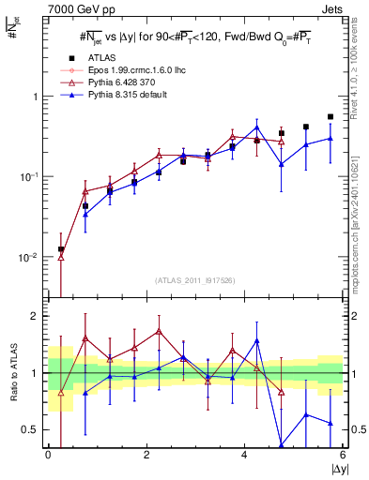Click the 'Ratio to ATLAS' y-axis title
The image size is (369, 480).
tap(12, 373)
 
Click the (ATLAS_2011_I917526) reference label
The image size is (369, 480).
tap(195, 281)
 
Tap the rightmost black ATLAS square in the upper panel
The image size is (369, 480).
tap(331, 117)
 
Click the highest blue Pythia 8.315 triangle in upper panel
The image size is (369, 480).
tap(256, 127)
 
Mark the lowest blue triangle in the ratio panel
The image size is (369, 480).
tap(282, 446)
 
